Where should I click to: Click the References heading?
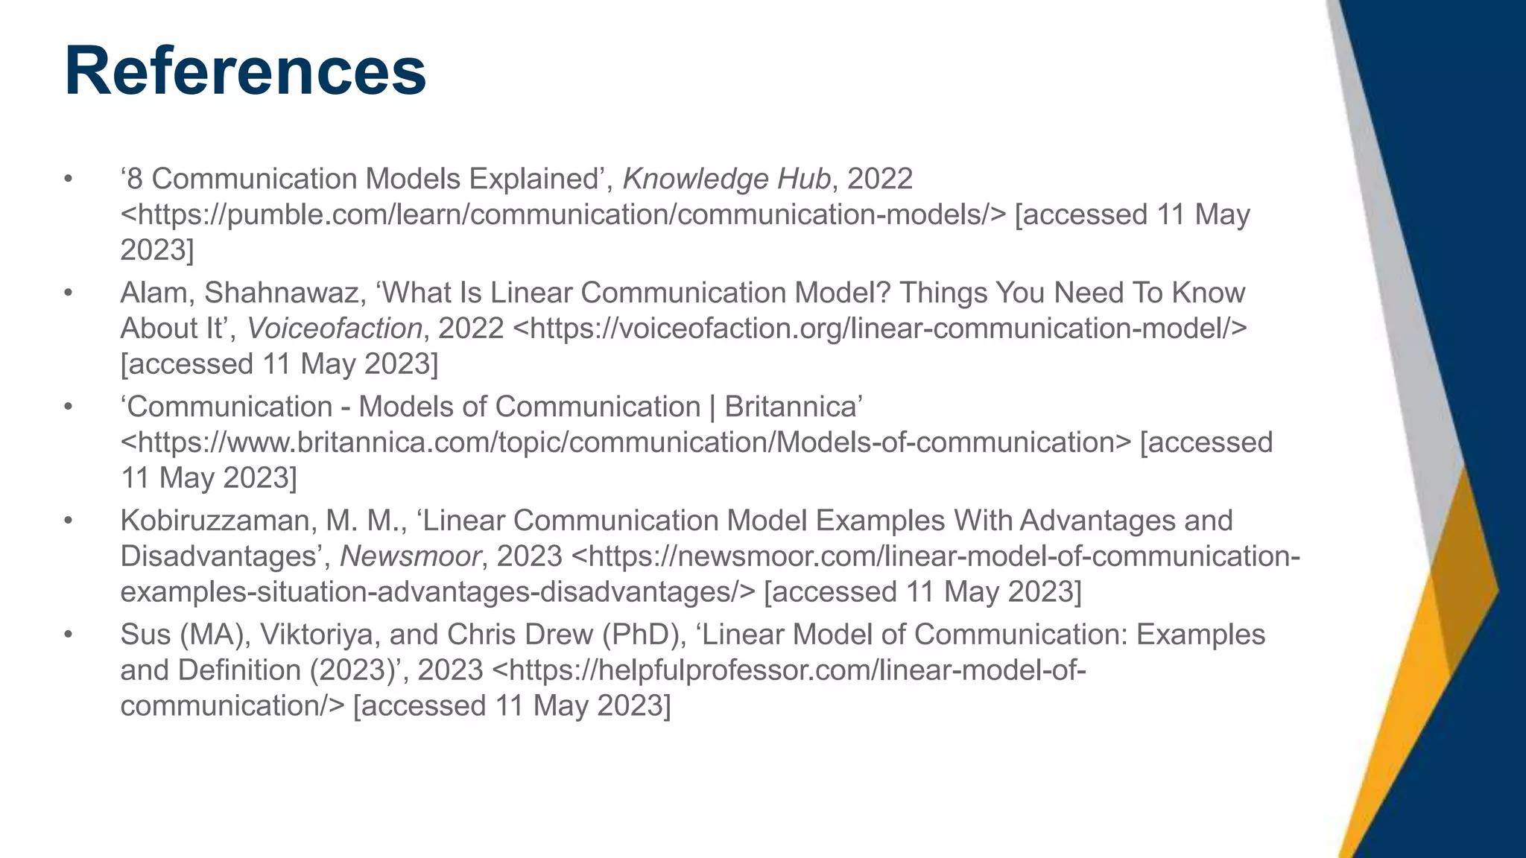click(245, 71)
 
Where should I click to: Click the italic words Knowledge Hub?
click(726, 179)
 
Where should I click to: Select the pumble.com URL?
click(563, 215)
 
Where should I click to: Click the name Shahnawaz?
click(282, 293)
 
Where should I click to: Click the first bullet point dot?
click(69, 179)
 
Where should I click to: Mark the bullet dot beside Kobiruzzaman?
click(69, 521)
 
